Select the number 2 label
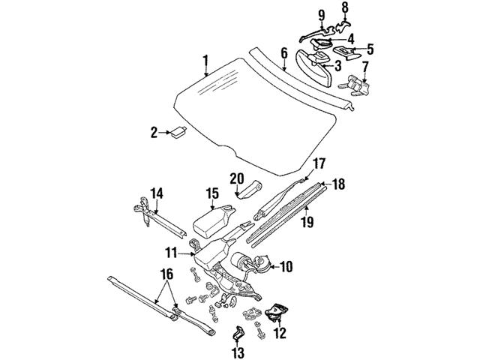pyautogui.click(x=154, y=133)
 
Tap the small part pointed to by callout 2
pyautogui.click(x=178, y=133)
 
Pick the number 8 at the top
pyautogui.click(x=346, y=8)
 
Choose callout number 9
pyautogui.click(x=322, y=14)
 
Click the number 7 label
pyautogui.click(x=365, y=67)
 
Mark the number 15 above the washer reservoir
pyautogui.click(x=212, y=193)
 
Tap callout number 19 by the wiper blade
pyautogui.click(x=305, y=222)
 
